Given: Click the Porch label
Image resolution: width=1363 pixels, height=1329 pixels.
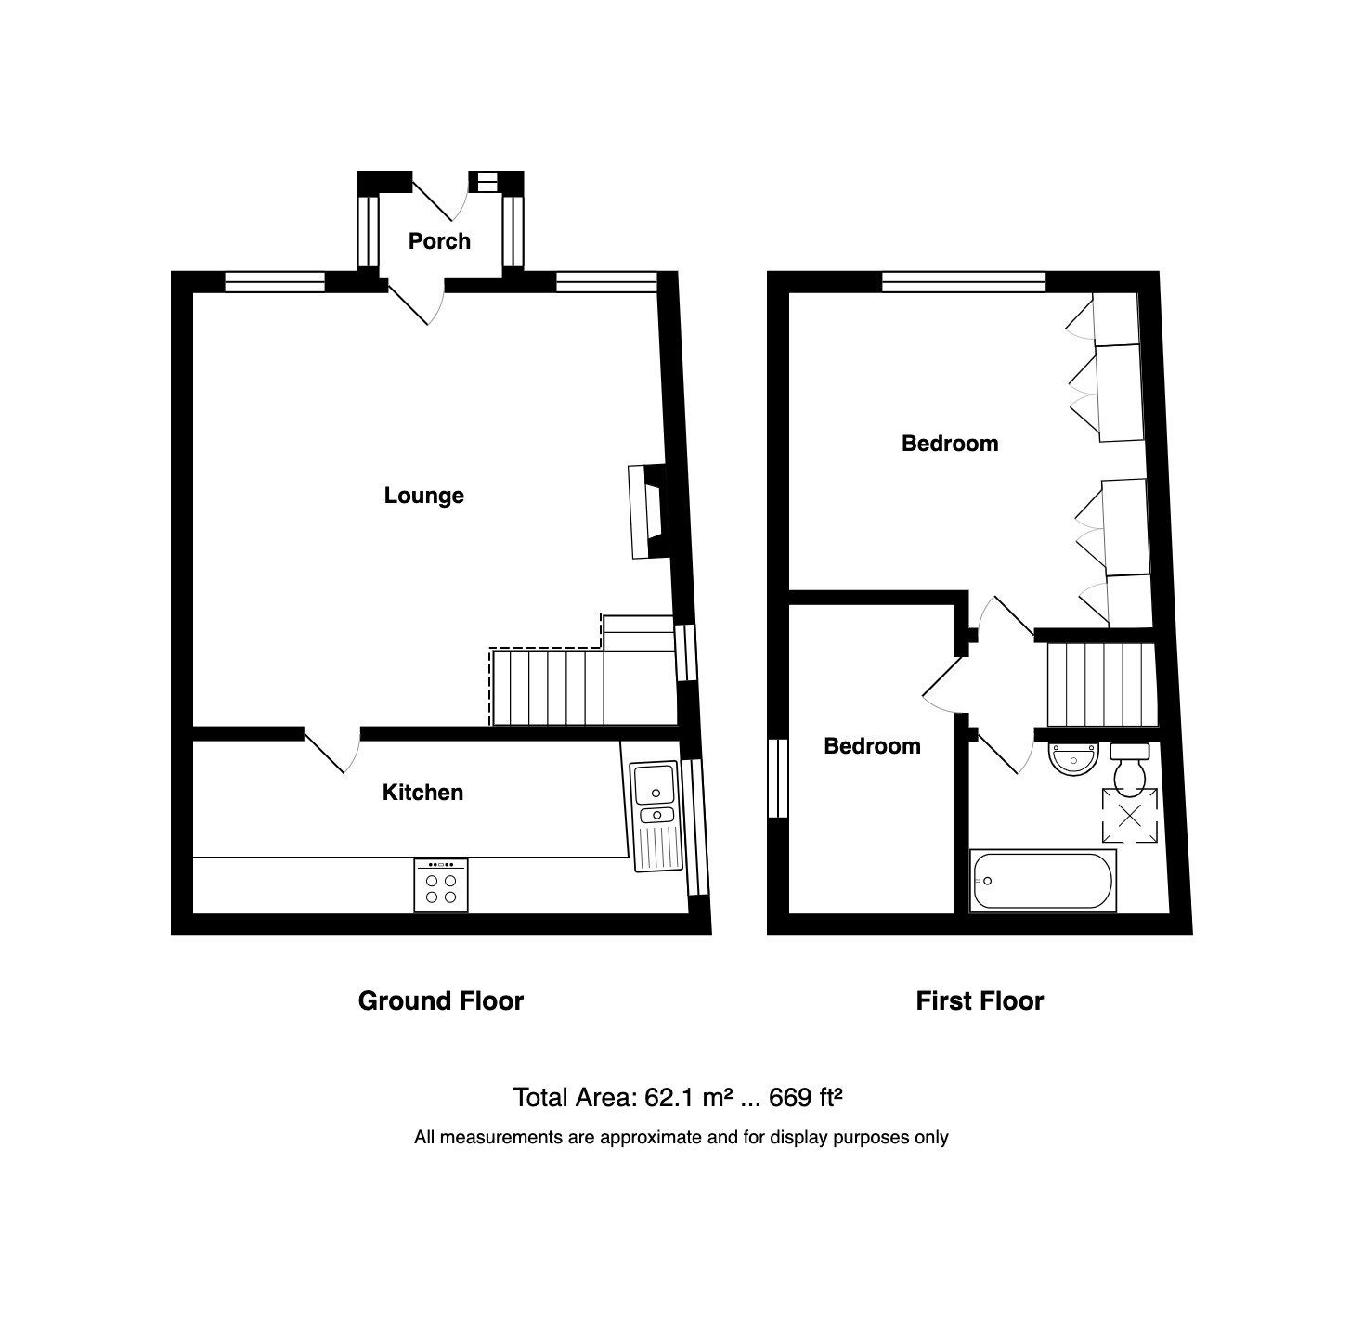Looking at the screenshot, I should pos(439,241).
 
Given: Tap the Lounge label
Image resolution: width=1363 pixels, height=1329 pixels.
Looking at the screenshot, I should pos(423,496).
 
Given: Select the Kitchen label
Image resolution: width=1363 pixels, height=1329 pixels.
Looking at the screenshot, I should pos(422,793).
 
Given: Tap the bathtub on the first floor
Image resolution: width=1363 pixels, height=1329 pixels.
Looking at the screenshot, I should pos(1042,880).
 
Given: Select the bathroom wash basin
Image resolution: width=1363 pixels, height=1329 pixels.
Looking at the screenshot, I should pos(1072,758).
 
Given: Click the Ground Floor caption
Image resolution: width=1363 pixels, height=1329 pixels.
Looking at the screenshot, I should pos(440,1001).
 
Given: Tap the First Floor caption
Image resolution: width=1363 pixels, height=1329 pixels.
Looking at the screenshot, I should pos(980,1001).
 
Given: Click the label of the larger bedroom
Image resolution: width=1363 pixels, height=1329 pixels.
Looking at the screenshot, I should pos(950,444).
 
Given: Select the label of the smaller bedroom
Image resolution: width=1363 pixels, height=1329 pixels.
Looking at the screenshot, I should pos(872,746).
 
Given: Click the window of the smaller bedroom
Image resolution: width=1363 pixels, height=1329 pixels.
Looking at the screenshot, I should pos(778,779).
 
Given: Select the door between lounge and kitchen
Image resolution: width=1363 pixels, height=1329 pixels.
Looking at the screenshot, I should pos(332,750).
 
